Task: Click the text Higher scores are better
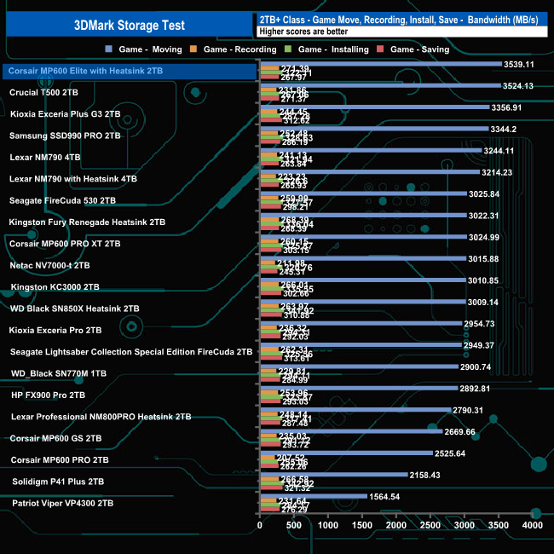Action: pyautogui.click(x=302, y=32)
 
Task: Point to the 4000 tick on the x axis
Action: pyautogui.click(x=532, y=527)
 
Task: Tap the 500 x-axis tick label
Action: pyautogui.click(x=293, y=527)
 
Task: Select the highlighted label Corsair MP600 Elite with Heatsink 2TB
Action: pyautogui.click(x=85, y=71)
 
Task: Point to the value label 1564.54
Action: pyautogui.click(x=384, y=496)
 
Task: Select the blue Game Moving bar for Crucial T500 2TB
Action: pyautogui.click(x=378, y=86)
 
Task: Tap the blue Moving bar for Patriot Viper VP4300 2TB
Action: pyautogui.click(x=312, y=496)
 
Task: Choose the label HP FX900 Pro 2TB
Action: pyautogui.click(x=48, y=395)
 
